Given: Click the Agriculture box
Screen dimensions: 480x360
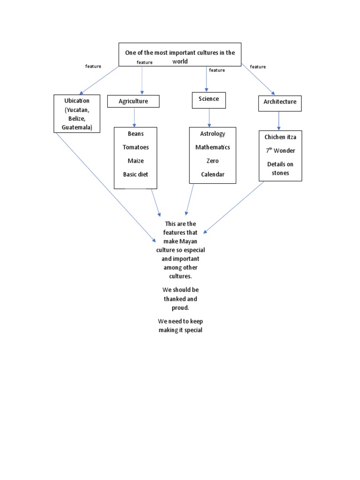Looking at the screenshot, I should [x=133, y=101].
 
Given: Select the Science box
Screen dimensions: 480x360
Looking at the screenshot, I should [x=209, y=99].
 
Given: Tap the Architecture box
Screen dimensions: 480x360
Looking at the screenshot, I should [x=279, y=102].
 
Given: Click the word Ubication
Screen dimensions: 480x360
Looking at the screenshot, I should [x=76, y=101].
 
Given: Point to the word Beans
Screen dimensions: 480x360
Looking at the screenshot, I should [x=135, y=134].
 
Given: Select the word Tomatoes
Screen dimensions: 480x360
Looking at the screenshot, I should [x=135, y=147].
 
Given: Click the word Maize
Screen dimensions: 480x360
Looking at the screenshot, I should [x=135, y=161].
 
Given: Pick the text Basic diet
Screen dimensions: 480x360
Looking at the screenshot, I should [x=135, y=174].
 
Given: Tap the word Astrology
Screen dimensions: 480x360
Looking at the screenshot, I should [x=212, y=134].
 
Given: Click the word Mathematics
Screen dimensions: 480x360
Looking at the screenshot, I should [x=212, y=147].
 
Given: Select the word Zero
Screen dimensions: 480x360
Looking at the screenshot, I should [x=212, y=161].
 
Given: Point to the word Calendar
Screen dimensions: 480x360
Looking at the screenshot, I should [x=212, y=174].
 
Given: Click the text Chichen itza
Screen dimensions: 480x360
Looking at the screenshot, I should [x=280, y=137].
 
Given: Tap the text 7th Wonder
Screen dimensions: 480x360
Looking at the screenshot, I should [x=280, y=150].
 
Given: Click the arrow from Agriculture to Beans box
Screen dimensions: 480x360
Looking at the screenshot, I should [x=135, y=117].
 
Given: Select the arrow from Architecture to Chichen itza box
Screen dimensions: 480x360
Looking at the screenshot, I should [x=279, y=120].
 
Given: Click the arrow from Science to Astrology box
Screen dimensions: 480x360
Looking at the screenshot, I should [x=209, y=117].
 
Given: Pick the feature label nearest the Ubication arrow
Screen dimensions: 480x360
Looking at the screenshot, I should [x=93, y=67].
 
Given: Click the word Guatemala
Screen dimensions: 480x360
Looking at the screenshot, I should [x=77, y=127].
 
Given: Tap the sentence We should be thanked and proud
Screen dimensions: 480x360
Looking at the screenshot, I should [x=180, y=299].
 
